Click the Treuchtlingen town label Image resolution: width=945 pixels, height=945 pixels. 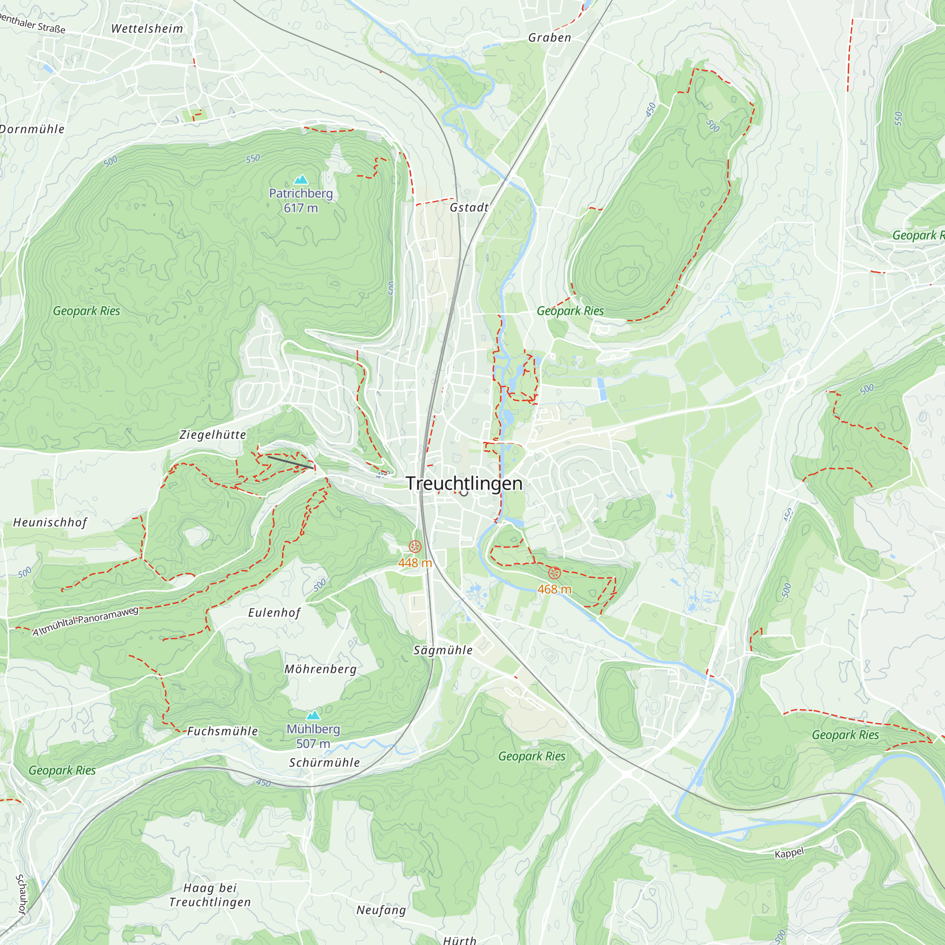coord(464,483)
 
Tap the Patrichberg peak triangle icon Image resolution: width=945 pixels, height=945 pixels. coord(301,180)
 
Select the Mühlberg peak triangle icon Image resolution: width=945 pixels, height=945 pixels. coord(313,715)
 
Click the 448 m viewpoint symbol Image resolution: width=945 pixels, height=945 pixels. coord(415,546)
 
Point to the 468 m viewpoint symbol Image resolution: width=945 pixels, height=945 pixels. coord(554,572)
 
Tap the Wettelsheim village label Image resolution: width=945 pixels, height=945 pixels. coord(147,29)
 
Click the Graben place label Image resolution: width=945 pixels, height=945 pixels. coord(550,38)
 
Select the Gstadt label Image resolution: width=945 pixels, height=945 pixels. coord(469,207)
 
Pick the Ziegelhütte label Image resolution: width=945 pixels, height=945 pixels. coord(213,434)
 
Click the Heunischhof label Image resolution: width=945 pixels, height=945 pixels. coord(50,523)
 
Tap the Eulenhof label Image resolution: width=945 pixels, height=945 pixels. coord(274,612)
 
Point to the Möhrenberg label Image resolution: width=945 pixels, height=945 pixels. coord(320,669)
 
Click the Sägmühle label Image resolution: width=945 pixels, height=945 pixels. coord(443,650)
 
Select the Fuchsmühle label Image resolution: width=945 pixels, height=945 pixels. coord(223,731)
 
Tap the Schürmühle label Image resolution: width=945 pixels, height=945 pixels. coord(324,763)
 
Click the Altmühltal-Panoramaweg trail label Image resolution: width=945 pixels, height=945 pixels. coord(86,621)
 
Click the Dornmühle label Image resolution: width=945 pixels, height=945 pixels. coord(32,129)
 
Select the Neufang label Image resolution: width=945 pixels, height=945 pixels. coord(381,910)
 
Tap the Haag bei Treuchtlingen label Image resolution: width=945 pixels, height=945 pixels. coord(210,894)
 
